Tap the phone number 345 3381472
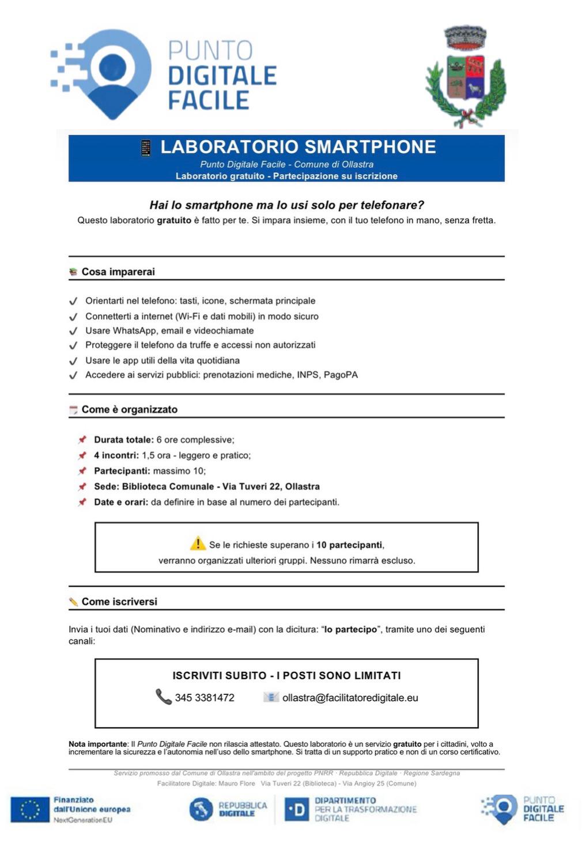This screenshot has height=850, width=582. pyautogui.click(x=205, y=698)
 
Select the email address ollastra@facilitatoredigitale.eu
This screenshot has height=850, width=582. pyautogui.click(x=350, y=698)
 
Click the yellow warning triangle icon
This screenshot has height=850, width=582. pyautogui.click(x=198, y=543)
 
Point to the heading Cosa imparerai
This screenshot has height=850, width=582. pyautogui.click(x=118, y=272)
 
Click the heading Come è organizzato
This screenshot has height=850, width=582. pyautogui.click(x=129, y=409)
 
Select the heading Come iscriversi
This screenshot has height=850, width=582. pyautogui.click(x=119, y=601)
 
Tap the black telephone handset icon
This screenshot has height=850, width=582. pyautogui.click(x=163, y=697)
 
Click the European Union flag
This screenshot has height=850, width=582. pyautogui.click(x=30, y=809)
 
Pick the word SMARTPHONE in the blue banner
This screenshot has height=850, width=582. pyautogui.click(x=370, y=147)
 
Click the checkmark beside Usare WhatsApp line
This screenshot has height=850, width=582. pyautogui.click(x=73, y=331)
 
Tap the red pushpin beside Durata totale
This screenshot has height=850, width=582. pyautogui.click(x=82, y=440)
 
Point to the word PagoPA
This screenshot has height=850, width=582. pyautogui.click(x=341, y=375)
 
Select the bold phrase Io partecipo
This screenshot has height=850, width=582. pyautogui.click(x=350, y=630)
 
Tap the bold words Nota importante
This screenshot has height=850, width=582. pyautogui.click(x=98, y=744)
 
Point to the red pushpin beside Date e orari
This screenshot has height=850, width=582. pyautogui.click(x=82, y=502)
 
